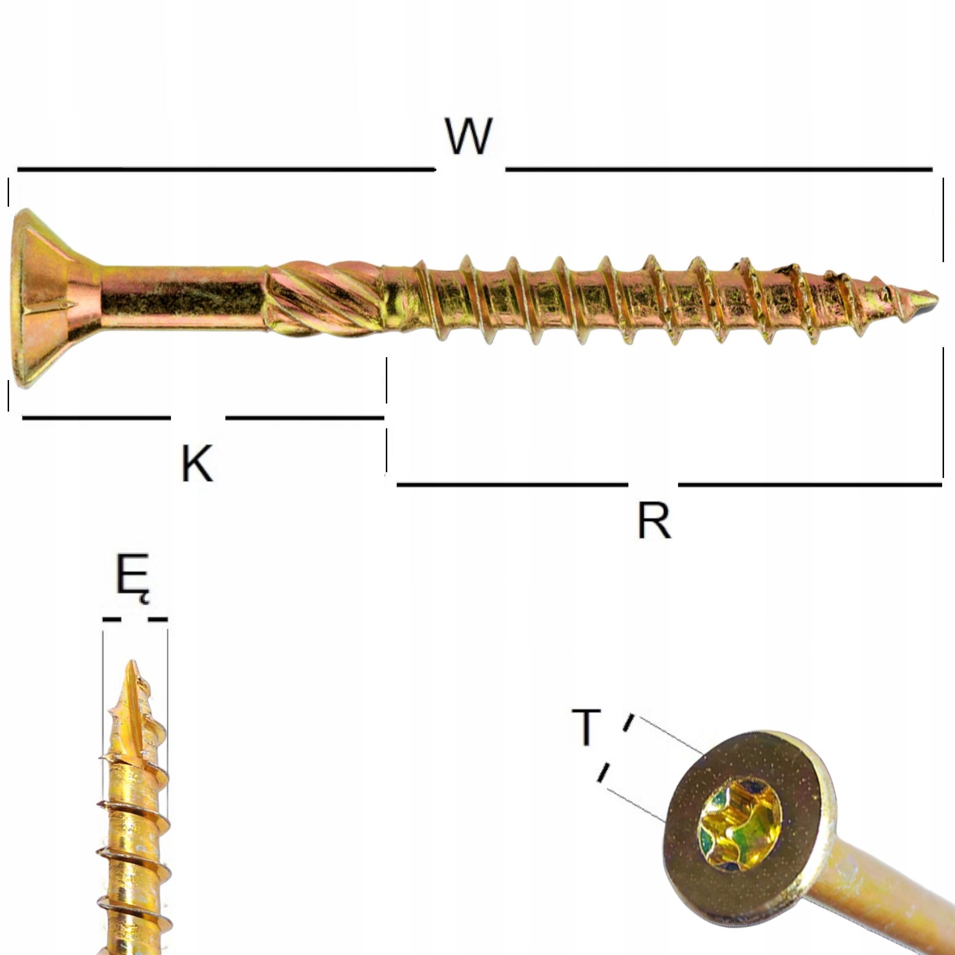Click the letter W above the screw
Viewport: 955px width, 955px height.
pyautogui.click(x=468, y=137)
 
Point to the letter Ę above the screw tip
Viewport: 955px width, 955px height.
pyautogui.click(x=132, y=576)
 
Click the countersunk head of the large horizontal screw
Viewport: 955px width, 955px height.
pyautogui.click(x=44, y=298)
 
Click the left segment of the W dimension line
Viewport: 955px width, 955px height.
pyautogui.click(x=225, y=170)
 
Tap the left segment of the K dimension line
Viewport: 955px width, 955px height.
pyautogui.click(x=96, y=418)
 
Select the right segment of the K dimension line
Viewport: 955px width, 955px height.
pyautogui.click(x=305, y=418)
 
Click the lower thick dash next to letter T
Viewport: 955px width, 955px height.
pyautogui.click(x=603, y=773)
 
